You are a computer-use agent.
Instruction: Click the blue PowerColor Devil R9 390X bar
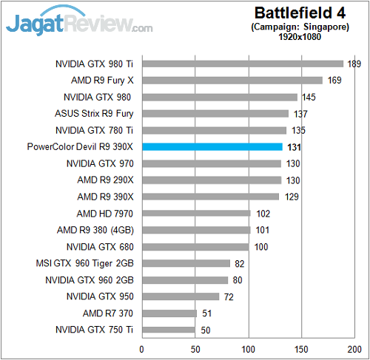tap(212, 147)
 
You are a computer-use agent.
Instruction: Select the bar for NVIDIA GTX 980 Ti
tap(243, 64)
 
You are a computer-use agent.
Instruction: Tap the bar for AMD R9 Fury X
tap(232, 80)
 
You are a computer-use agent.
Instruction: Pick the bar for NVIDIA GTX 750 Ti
tap(168, 330)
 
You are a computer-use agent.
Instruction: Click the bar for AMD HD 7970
tap(196, 213)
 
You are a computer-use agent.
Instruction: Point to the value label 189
tap(354, 64)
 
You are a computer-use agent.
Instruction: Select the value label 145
tap(309, 97)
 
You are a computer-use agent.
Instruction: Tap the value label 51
tap(206, 313)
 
